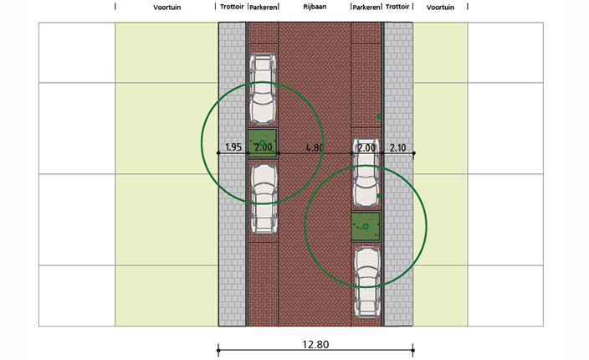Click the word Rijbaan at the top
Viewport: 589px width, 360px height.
click(x=315, y=7)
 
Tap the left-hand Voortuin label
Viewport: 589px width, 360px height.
click(x=166, y=8)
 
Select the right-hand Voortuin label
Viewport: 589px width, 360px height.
click(x=440, y=8)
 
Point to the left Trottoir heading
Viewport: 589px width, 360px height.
click(x=232, y=7)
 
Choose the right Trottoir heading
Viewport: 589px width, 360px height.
click(x=397, y=7)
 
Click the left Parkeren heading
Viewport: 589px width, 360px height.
click(x=263, y=8)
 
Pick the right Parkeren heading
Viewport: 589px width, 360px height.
click(x=366, y=8)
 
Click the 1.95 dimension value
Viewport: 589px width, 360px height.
click(x=233, y=147)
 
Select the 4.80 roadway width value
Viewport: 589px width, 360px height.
click(x=315, y=147)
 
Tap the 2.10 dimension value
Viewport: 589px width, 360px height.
click(x=397, y=147)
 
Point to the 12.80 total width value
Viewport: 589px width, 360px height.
click(x=315, y=344)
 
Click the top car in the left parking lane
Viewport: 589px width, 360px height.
click(x=263, y=89)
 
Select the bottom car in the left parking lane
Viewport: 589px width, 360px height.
click(x=264, y=199)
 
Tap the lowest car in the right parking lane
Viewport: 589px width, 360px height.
click(x=368, y=282)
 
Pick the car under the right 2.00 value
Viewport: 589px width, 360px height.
click(x=366, y=172)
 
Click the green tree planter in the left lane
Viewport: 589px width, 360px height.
click(x=263, y=143)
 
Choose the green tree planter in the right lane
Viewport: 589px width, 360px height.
click(x=366, y=226)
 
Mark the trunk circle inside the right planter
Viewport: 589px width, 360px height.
click(x=365, y=226)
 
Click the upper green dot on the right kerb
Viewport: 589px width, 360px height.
click(x=379, y=117)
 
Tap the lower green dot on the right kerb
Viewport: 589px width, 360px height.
click(x=379, y=196)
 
